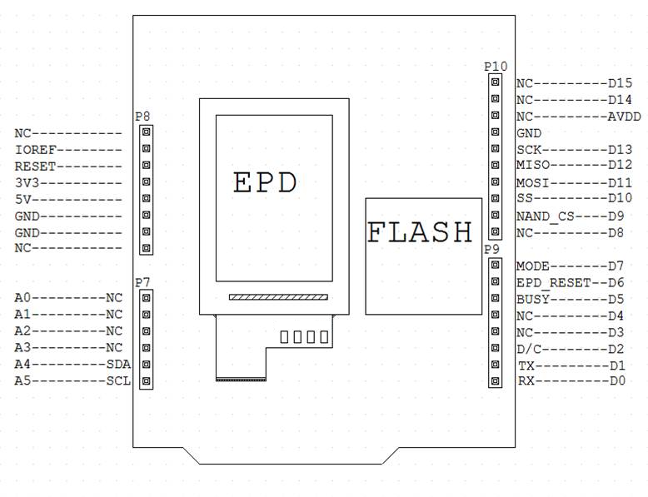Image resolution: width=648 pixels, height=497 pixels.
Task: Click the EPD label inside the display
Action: point(265,182)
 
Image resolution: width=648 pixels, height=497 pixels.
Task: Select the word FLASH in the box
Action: point(420,231)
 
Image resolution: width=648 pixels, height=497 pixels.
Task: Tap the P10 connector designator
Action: point(496,66)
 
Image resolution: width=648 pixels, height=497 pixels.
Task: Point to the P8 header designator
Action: point(142,117)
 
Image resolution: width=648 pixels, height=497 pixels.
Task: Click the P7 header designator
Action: point(142,282)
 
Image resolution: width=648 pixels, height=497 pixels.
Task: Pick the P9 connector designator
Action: point(491,249)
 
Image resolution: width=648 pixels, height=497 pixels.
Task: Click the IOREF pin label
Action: point(36,150)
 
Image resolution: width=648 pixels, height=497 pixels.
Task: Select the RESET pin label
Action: point(36,166)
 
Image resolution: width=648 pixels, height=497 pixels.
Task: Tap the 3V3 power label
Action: point(27,182)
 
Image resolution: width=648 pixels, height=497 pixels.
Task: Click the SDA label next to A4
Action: point(118,364)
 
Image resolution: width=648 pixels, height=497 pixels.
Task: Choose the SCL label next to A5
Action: point(118,380)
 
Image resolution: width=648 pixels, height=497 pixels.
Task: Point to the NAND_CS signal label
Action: point(546,216)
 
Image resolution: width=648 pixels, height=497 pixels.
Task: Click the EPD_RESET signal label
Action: point(554,282)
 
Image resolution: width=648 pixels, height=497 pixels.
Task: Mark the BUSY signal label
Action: point(533,299)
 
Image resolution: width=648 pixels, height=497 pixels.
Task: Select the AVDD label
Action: point(624,117)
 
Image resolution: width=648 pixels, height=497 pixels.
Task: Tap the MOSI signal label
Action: point(533,182)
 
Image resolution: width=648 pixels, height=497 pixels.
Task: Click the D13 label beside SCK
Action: point(620,150)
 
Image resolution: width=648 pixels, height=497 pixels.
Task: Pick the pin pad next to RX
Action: point(495,380)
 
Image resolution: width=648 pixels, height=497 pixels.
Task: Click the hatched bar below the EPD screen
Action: point(278,297)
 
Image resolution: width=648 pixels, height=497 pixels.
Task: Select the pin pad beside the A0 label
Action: point(146,298)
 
